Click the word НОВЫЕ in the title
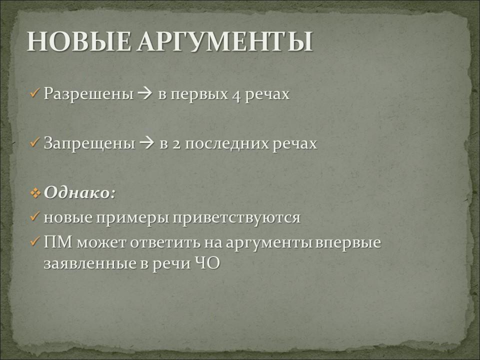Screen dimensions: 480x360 [x=78, y=41]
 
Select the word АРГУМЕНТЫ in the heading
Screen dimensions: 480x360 [x=225, y=41]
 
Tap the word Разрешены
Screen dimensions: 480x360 [x=89, y=94]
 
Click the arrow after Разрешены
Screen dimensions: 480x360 [x=145, y=94]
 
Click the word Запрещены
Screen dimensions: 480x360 [x=89, y=143]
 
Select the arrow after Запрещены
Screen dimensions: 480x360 [x=146, y=143]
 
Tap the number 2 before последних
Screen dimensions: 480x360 [x=176, y=144]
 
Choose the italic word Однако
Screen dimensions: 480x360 [x=77, y=192]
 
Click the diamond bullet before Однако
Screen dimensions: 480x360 [x=35, y=193]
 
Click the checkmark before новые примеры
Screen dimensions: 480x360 [x=35, y=216]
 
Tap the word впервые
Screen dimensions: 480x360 [x=348, y=243]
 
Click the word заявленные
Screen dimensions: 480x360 [x=90, y=264]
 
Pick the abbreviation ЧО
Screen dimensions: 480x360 [x=207, y=263]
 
